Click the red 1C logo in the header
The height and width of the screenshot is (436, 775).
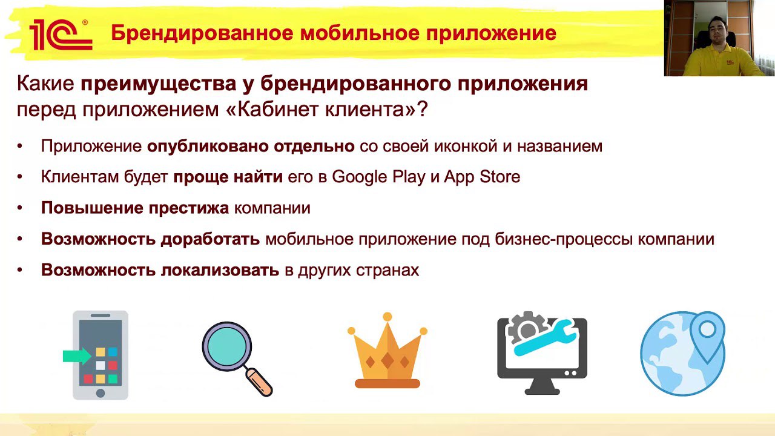pos(61,35)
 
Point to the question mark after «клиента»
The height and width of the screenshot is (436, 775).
pos(423,109)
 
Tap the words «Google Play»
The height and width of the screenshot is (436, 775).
pos(378,177)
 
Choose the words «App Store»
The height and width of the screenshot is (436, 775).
pos(482,176)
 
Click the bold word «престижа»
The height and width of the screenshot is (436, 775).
pos(188,208)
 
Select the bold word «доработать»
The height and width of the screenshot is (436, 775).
pos(210,239)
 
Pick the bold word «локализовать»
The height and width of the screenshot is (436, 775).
pos(220,270)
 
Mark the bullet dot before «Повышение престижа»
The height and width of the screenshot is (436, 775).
pos(20,208)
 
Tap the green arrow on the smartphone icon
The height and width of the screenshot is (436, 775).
pos(77,356)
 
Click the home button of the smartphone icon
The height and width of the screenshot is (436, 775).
pos(101,393)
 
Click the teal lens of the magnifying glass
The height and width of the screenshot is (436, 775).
pos(227,346)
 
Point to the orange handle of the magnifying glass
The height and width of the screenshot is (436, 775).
pos(259,382)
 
